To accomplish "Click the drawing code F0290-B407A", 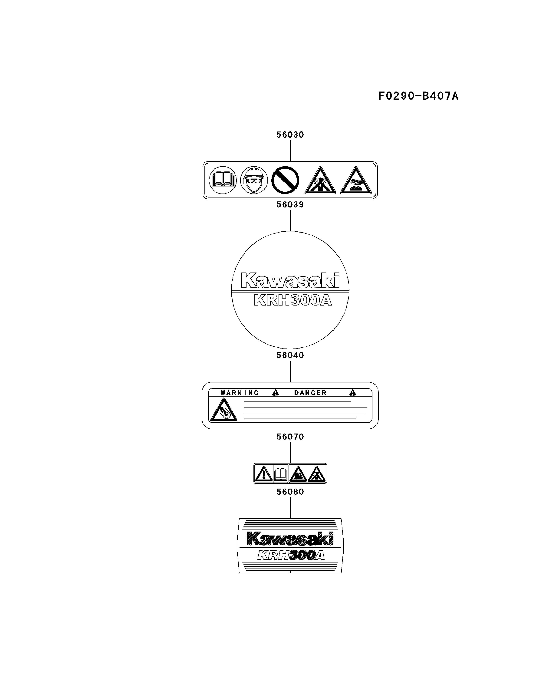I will [x=418, y=96].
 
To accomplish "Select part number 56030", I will [x=290, y=135].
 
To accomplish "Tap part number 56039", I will [x=290, y=204].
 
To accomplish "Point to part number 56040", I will [x=290, y=355].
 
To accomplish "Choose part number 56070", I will [x=290, y=437].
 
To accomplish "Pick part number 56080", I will [x=290, y=492].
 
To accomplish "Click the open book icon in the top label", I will [x=222, y=180].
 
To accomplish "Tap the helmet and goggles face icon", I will [x=254, y=180].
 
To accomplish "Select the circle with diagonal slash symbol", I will [x=285, y=180].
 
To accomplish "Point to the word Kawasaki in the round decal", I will [x=290, y=280].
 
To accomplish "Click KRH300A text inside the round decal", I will [x=293, y=301].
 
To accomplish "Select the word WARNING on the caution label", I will [x=239, y=393].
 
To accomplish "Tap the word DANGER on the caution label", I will [x=310, y=393].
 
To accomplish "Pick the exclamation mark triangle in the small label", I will [x=264, y=473].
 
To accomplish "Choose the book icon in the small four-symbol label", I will [x=281, y=473].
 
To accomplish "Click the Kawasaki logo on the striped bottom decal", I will [x=290, y=539].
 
